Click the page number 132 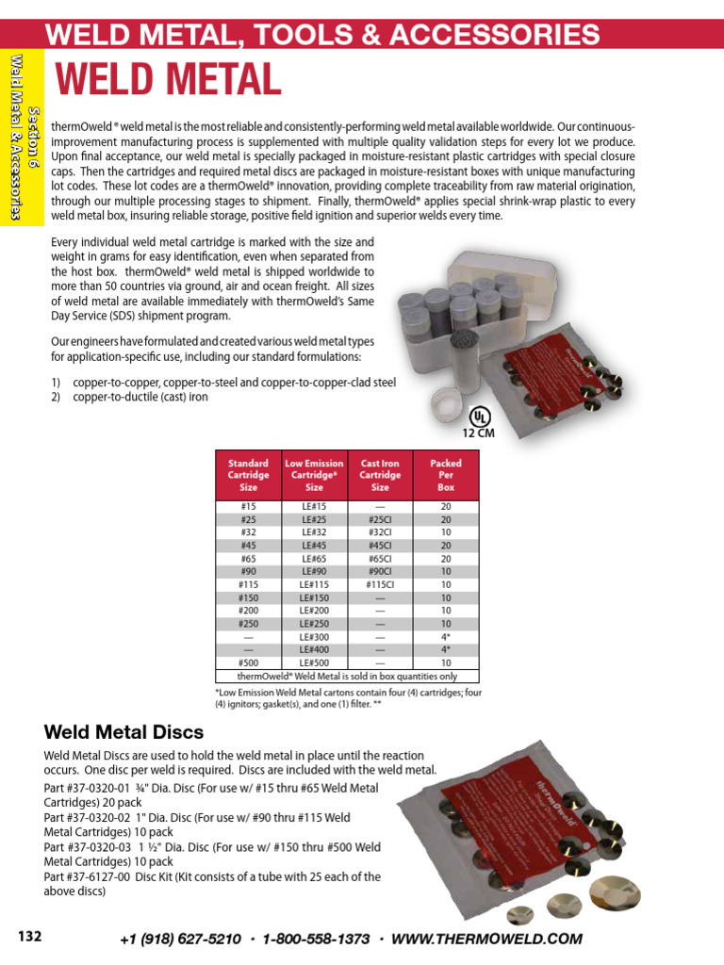click(x=30, y=936)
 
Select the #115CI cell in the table click(x=380, y=584)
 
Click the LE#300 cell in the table click(x=314, y=637)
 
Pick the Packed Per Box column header click(x=446, y=475)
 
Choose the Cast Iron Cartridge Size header click(x=380, y=475)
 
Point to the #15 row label click(x=248, y=506)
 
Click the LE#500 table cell click(x=314, y=663)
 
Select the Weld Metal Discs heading click(x=123, y=732)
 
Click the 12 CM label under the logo click(x=479, y=433)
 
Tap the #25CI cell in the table click(x=380, y=519)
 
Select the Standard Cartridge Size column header click(x=248, y=475)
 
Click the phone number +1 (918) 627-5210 click(x=181, y=939)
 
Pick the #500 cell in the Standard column click(x=248, y=663)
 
